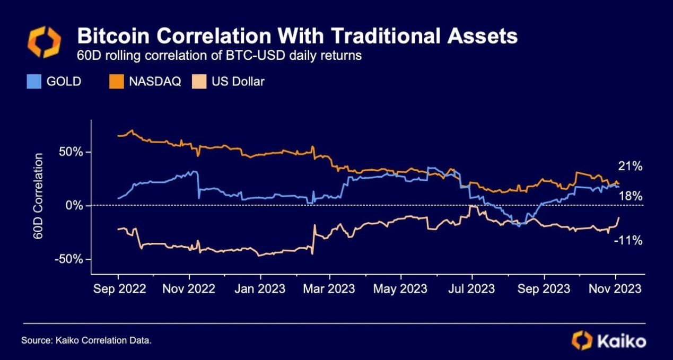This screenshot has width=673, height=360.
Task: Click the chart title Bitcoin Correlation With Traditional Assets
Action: (297, 36)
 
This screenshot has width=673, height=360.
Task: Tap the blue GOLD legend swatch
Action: (33, 82)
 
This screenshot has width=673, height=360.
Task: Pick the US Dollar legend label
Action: (238, 82)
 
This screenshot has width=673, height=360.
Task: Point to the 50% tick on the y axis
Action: (72, 152)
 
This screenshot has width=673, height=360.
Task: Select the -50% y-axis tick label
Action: (69, 259)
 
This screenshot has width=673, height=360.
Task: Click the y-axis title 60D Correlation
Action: (39, 196)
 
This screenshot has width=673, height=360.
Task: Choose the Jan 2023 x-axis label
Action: (260, 289)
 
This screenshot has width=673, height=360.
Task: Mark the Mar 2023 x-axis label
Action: (329, 289)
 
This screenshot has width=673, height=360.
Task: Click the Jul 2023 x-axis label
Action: (471, 289)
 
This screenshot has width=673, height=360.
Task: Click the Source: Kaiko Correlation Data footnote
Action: (86, 340)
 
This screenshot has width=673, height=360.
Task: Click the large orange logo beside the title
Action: (44, 42)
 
